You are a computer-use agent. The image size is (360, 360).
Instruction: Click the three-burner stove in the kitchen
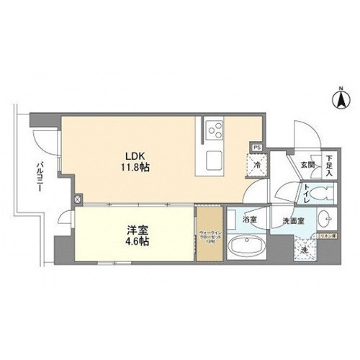[x=215, y=130]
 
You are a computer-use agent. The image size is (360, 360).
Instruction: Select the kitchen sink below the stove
[x=215, y=158]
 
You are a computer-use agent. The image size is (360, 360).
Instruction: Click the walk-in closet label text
[x=212, y=236]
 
